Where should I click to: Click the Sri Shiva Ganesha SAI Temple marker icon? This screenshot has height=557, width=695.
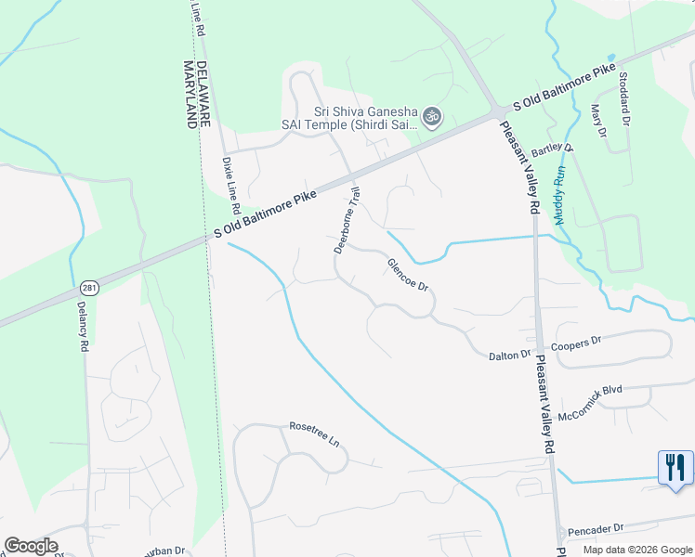[x=430, y=117]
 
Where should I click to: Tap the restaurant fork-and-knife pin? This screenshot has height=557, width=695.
[x=675, y=466]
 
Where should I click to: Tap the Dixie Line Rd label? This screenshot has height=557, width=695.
[x=231, y=183]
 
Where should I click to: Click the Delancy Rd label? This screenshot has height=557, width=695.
[x=82, y=326]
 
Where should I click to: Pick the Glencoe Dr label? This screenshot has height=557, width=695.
[x=409, y=276]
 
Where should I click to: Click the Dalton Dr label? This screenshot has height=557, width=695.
[x=510, y=355]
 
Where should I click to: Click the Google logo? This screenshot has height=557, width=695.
[x=32, y=546]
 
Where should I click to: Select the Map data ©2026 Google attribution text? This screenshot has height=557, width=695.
[x=636, y=549]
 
